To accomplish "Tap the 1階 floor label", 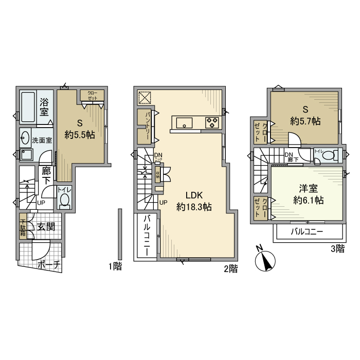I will point(114,266).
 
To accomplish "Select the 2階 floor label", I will point(230,268).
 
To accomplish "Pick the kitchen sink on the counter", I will point(184,122).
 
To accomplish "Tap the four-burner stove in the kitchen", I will point(212,122).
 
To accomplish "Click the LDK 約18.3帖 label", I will point(194,201).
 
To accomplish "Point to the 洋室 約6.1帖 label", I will point(305,194).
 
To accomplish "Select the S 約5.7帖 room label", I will point(305,116).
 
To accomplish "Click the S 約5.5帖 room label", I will point(79,129).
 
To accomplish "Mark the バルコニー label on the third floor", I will point(307,232).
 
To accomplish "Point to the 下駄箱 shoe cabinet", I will point(24,227).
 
